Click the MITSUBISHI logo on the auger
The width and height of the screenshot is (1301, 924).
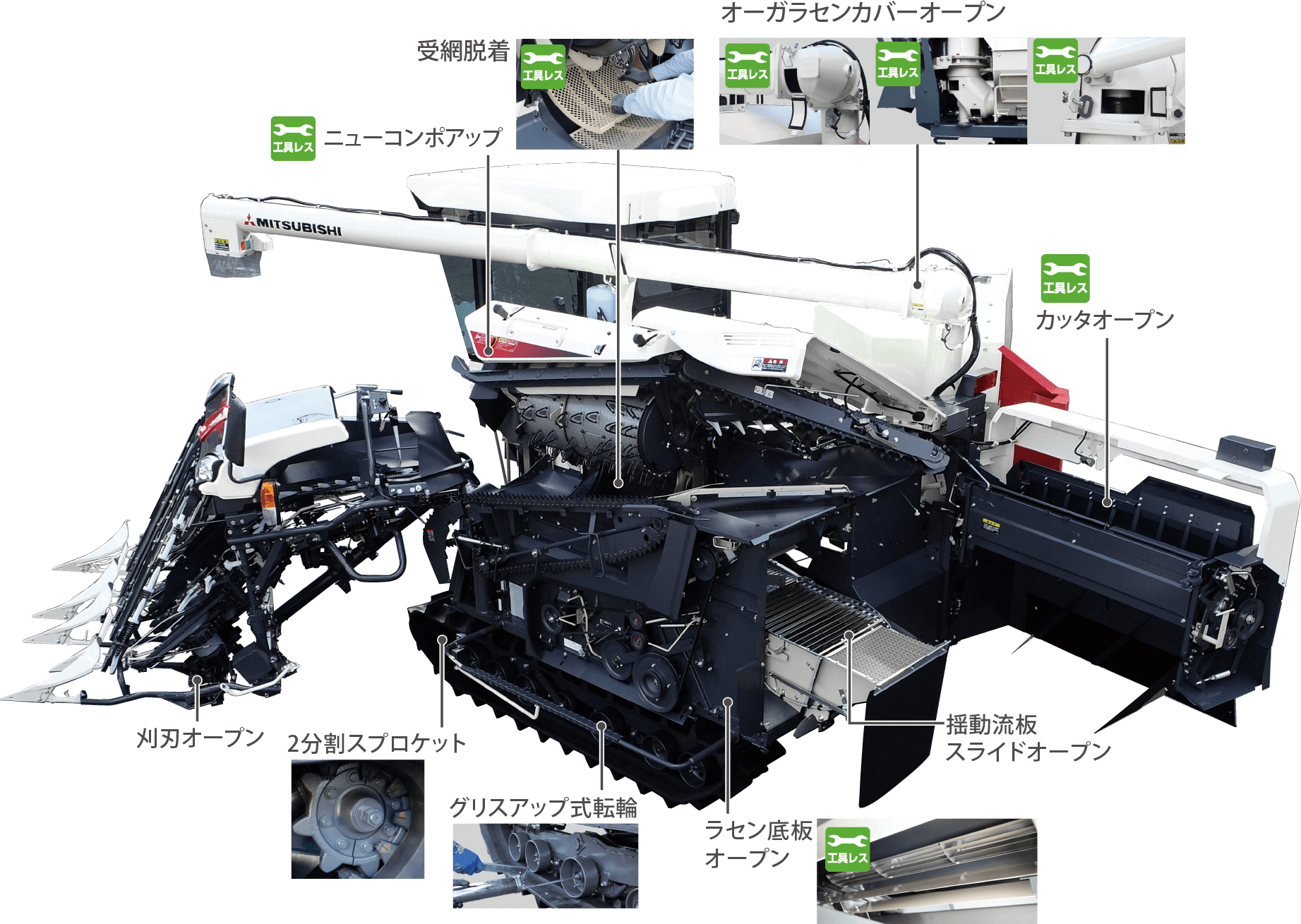pyautogui.click(x=293, y=225)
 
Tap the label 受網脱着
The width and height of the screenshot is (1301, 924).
pyautogui.click(x=463, y=52)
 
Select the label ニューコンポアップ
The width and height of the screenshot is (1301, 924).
pyautogui.click(x=413, y=137)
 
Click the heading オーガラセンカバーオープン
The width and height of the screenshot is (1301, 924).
pyautogui.click(x=863, y=12)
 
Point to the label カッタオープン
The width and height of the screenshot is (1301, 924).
pyautogui.click(x=1105, y=320)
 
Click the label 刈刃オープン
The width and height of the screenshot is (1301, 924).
pyautogui.click(x=200, y=738)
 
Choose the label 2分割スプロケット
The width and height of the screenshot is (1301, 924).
pyautogui.click(x=376, y=743)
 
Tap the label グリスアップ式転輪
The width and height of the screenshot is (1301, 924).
pyautogui.click(x=543, y=807)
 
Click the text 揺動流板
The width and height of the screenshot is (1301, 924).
pyautogui.click(x=991, y=724)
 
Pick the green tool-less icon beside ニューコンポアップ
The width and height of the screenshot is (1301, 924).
pyautogui.click(x=293, y=138)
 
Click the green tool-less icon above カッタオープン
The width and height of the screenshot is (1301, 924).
pyautogui.click(x=1065, y=278)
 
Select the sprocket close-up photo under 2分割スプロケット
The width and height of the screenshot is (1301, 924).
pyautogui.click(x=358, y=819)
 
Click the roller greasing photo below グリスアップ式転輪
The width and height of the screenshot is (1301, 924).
pyautogui.click(x=545, y=865)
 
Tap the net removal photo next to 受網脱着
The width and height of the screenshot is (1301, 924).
pyautogui.click(x=605, y=94)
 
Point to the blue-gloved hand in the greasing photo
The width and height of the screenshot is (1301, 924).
pyautogui.click(x=467, y=859)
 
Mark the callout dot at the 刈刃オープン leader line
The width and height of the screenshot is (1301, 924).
pyautogui.click(x=198, y=680)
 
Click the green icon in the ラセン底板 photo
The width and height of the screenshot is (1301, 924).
pyautogui.click(x=848, y=849)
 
